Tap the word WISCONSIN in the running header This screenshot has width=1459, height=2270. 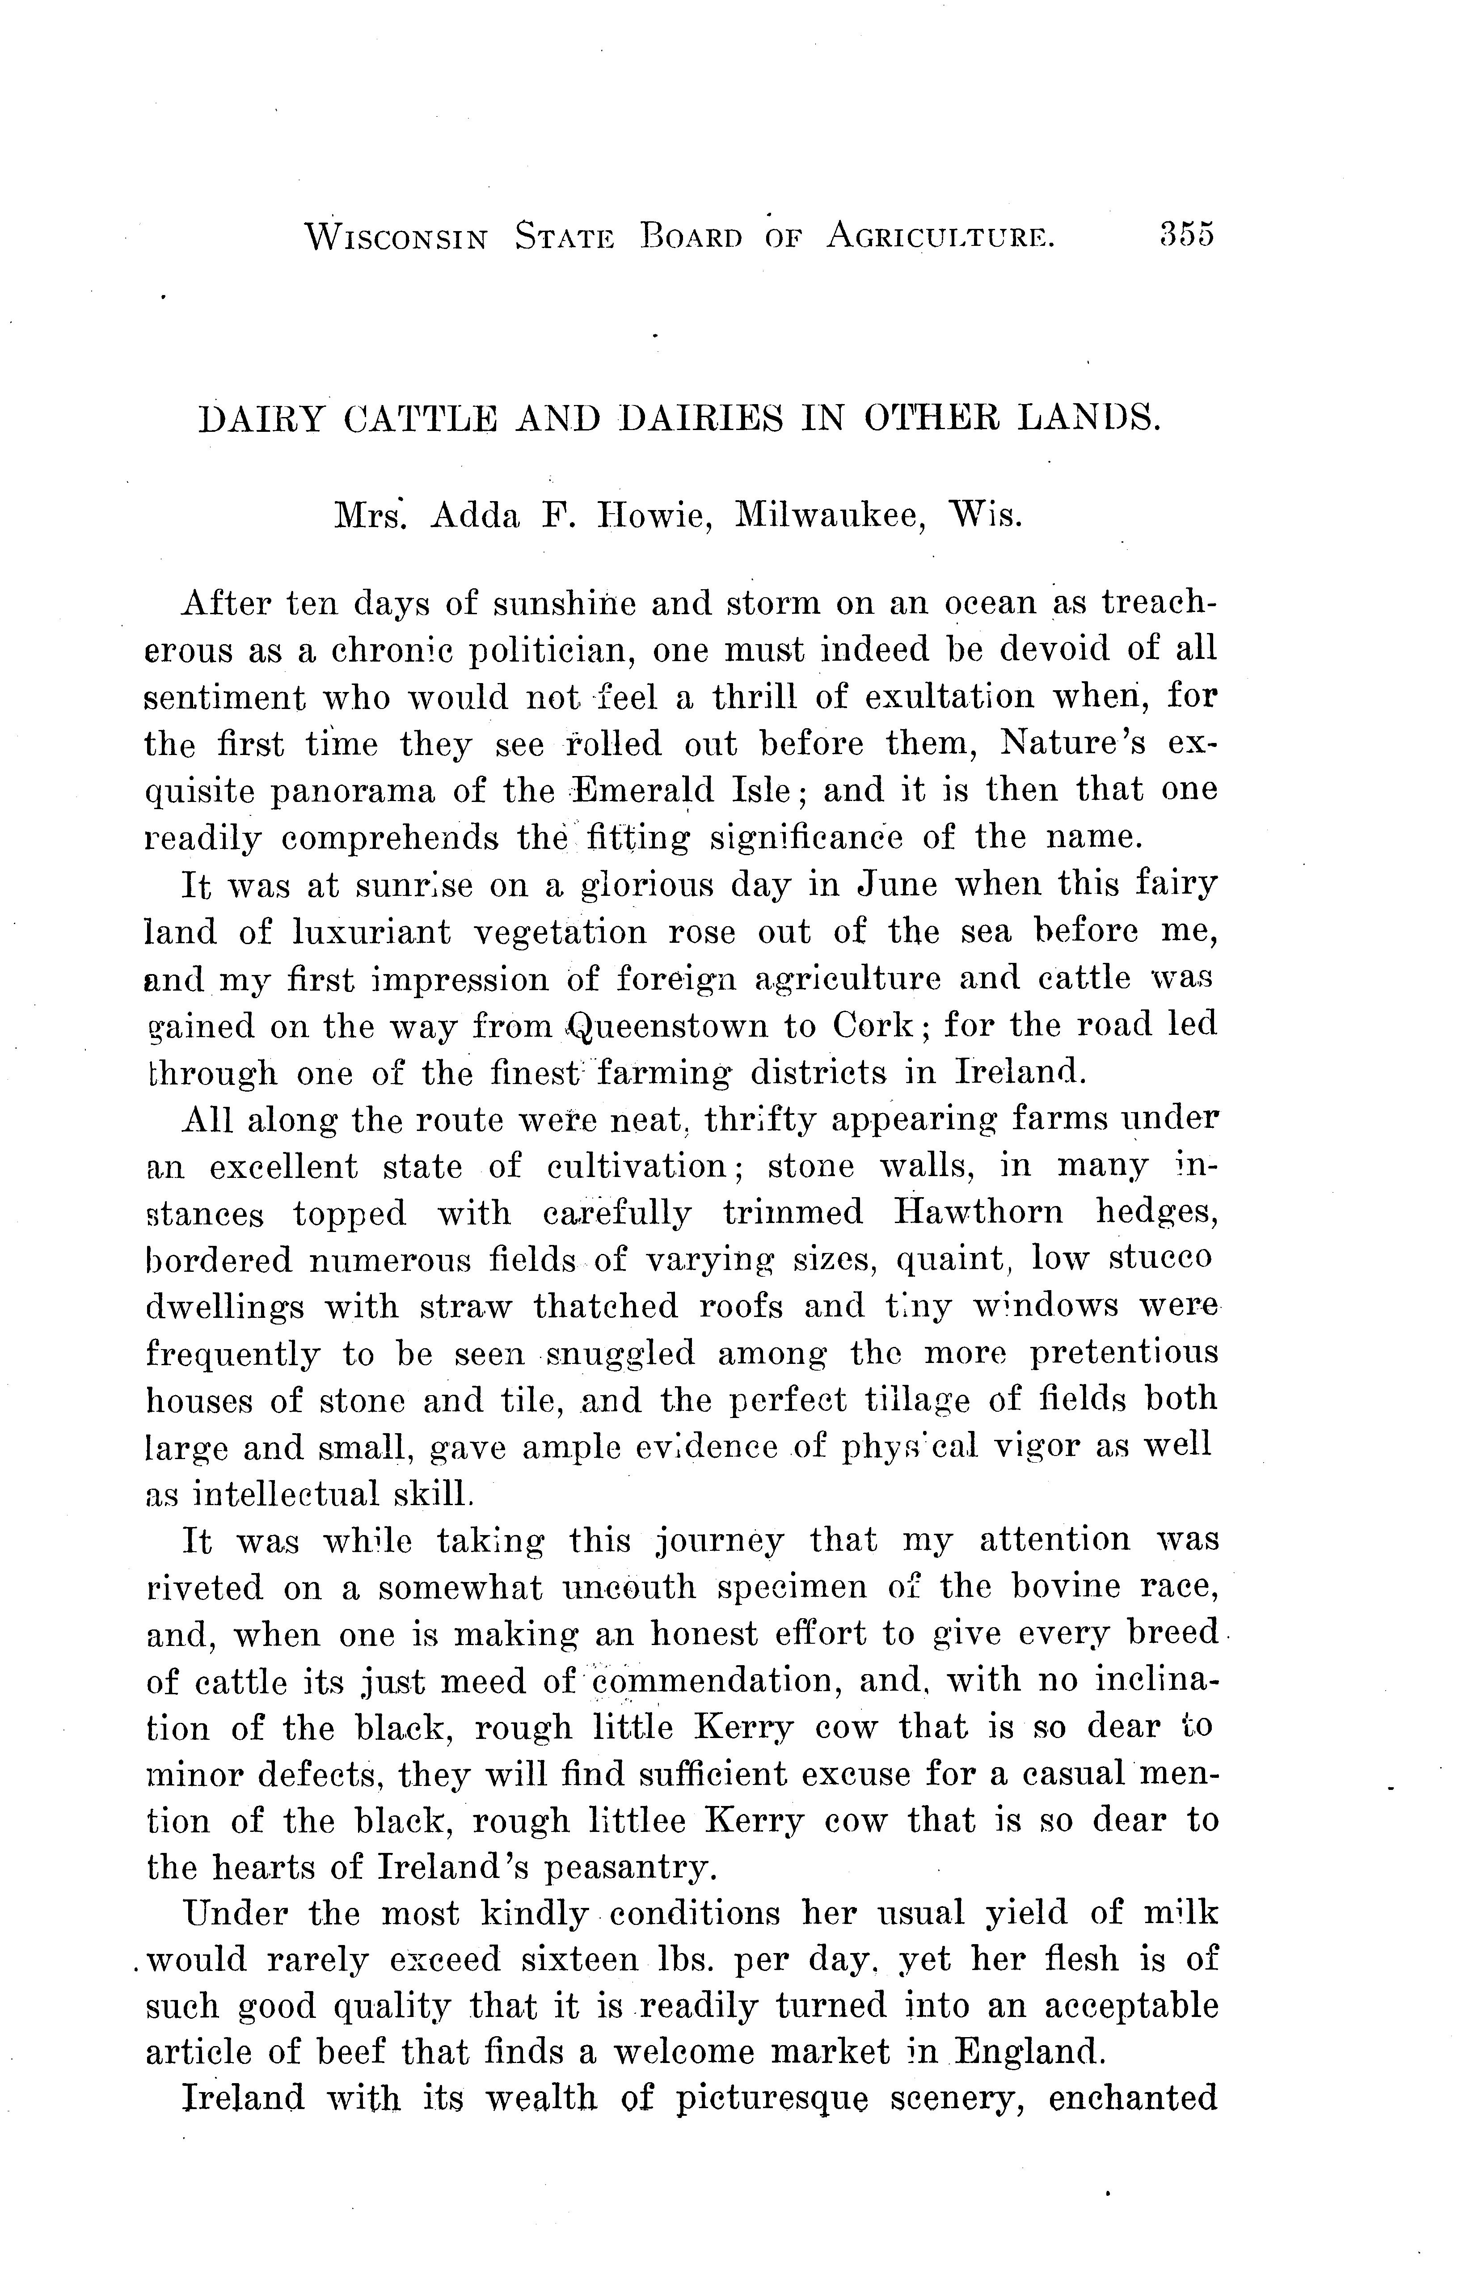[396, 236]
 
